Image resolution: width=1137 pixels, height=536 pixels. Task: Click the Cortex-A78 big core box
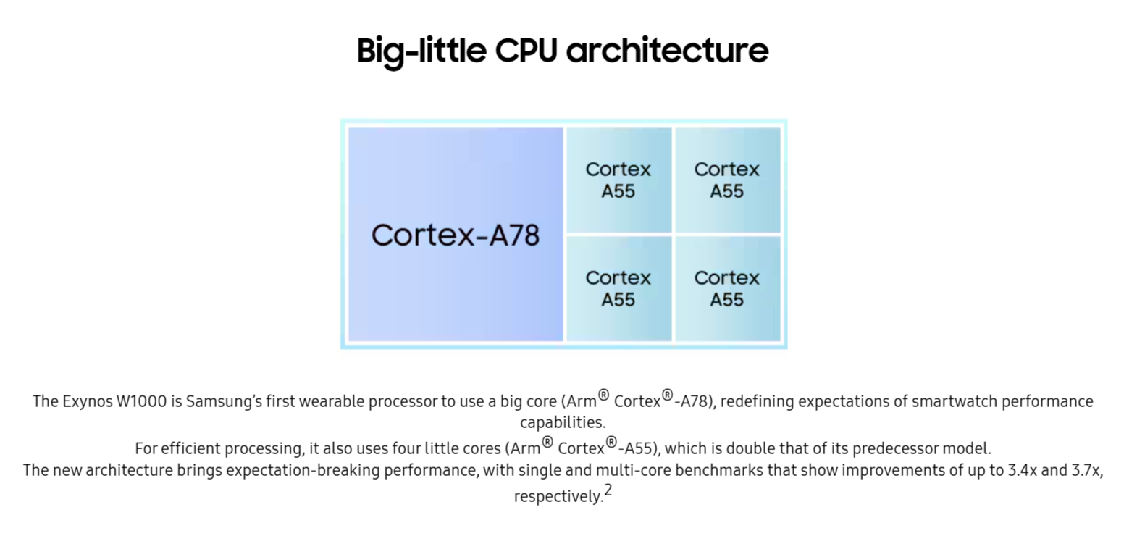pyautogui.click(x=456, y=235)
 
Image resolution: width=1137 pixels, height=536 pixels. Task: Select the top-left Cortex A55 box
pyautogui.click(x=619, y=180)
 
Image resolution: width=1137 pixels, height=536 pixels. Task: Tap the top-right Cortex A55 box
pyautogui.click(x=728, y=180)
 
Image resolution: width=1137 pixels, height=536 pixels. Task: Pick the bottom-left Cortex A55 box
pyautogui.click(x=619, y=289)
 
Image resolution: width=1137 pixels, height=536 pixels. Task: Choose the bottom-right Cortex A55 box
pyautogui.click(x=728, y=289)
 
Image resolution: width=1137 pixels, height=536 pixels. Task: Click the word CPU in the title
pyautogui.click(x=526, y=50)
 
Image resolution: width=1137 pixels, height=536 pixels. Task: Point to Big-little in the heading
pyautogui.click(x=421, y=51)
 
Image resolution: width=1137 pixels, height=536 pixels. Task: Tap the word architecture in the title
pyautogui.click(x=668, y=50)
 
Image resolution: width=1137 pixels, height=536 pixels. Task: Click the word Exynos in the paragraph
pyautogui.click(x=88, y=402)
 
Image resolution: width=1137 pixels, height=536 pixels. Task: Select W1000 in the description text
pyautogui.click(x=142, y=401)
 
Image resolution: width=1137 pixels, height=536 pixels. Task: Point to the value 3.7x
pyautogui.click(x=1087, y=471)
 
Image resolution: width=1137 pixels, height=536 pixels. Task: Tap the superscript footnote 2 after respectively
pyautogui.click(x=608, y=490)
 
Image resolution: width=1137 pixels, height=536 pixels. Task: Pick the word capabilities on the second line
pyautogui.click(x=563, y=423)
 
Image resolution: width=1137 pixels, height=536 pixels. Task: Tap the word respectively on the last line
pyautogui.click(x=559, y=496)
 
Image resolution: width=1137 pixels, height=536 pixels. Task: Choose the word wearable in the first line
pyautogui.click(x=333, y=401)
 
